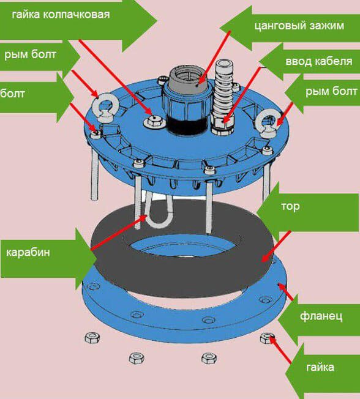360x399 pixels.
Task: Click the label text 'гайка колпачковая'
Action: coord(61,15)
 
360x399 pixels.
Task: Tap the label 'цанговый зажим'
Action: coord(299,26)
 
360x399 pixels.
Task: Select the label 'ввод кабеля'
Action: coord(319,61)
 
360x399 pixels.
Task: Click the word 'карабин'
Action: coord(28,252)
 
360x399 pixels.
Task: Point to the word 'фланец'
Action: coord(321,316)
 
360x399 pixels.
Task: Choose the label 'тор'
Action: coord(290,207)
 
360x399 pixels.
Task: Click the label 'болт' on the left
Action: coord(12,94)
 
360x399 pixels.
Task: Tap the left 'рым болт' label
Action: coord(30,54)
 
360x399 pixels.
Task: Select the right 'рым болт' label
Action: coord(331,91)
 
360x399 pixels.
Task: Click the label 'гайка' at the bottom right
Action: coord(320,367)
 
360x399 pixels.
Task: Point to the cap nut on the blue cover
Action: coord(154,121)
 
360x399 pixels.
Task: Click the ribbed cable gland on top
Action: coord(223,97)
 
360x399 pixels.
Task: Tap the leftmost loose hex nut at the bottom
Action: coord(92,338)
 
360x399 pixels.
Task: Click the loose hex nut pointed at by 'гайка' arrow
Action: coord(267,338)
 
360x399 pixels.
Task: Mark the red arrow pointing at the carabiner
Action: coord(119,233)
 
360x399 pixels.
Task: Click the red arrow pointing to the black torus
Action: coord(276,247)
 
